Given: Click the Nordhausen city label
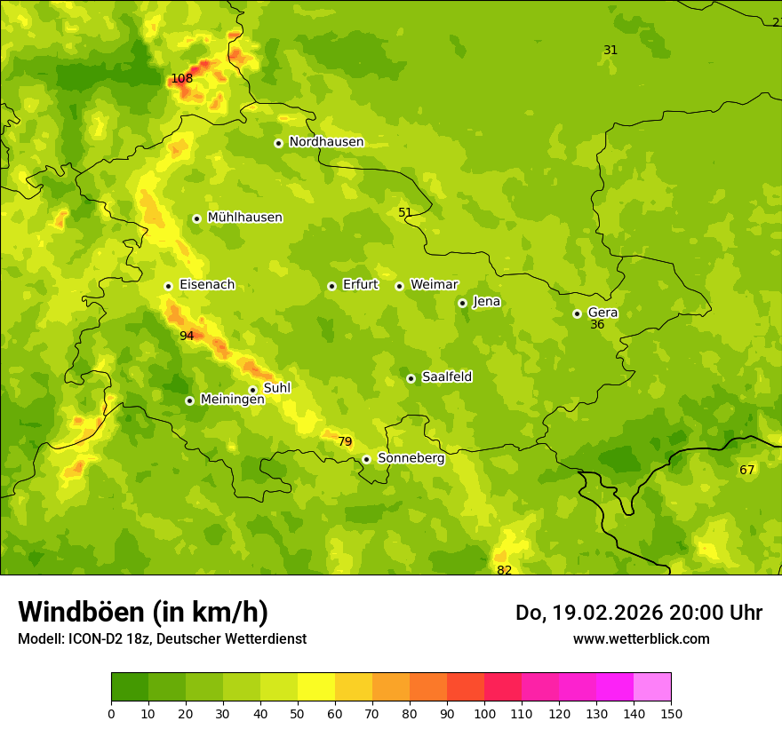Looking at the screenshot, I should (x=326, y=142).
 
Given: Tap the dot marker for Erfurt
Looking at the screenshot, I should (x=331, y=286).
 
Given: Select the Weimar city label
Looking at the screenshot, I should (x=434, y=285).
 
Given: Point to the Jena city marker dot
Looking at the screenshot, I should (x=462, y=303).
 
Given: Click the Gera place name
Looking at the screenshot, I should (x=602, y=313).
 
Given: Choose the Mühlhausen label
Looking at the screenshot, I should (x=244, y=218).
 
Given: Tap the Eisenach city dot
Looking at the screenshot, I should (x=168, y=286).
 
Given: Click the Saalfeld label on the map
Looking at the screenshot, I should (x=447, y=377).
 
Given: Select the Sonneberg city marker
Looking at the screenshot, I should (x=366, y=459).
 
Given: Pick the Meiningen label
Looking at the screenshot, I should (x=232, y=400).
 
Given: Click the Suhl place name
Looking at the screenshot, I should (x=277, y=388).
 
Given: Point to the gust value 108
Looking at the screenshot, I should (x=181, y=78).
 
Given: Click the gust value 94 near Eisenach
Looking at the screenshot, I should (x=187, y=336).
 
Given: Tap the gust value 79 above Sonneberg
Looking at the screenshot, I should (x=345, y=441).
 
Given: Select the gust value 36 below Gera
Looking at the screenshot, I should (x=597, y=325).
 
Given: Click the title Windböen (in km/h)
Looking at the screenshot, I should (x=143, y=612).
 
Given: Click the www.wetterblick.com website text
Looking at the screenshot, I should (x=641, y=638).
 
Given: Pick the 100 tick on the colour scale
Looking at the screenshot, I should (x=484, y=713).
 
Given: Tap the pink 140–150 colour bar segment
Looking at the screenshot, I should (x=652, y=687).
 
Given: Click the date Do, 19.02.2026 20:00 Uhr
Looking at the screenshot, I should (x=638, y=613).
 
